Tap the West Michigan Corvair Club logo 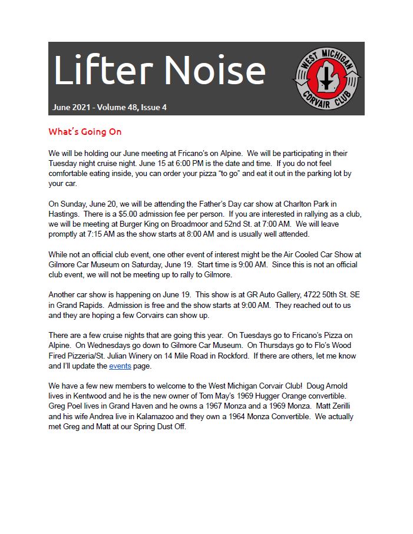point(327,79)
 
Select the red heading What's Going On point(85,131)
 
